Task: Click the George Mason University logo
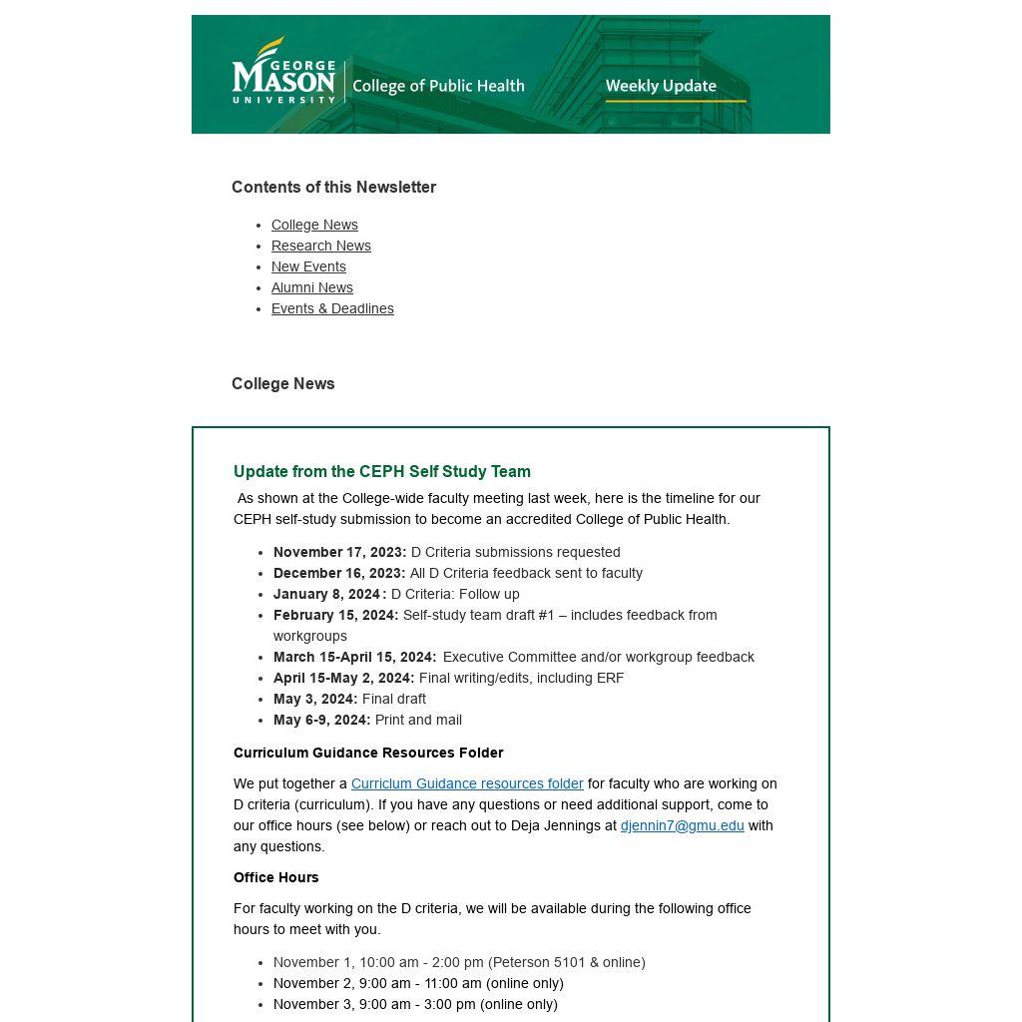[x=283, y=71]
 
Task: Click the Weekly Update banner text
[x=661, y=86]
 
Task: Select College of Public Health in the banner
[x=438, y=86]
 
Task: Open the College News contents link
[x=314, y=225]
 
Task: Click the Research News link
[x=320, y=246]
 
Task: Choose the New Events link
[x=308, y=266]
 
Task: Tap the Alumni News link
[x=311, y=287]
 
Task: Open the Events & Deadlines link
[x=332, y=308]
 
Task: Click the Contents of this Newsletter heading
[x=333, y=187]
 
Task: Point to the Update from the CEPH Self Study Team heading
[x=382, y=471]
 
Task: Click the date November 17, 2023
[x=339, y=552]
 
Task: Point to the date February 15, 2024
[x=335, y=615]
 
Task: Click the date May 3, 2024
[x=314, y=699]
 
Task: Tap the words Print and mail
[x=418, y=720]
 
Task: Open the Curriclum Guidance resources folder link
[x=467, y=783]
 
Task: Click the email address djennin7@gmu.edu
[x=682, y=825]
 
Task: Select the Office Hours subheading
[x=276, y=877]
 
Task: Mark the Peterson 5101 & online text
[x=567, y=962]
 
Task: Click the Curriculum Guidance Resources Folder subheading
[x=368, y=753]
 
